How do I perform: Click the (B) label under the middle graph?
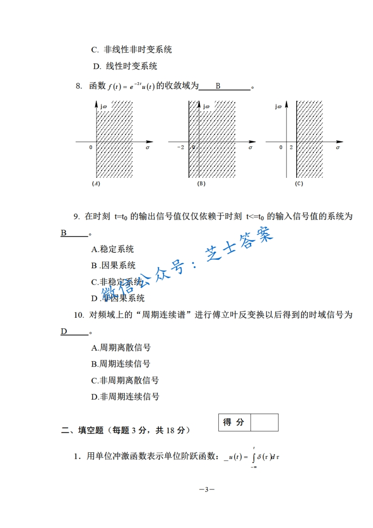201,184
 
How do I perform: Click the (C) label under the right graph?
299,184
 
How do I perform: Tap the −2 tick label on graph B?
181,148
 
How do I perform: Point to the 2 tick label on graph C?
291,148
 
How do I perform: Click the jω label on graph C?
278,107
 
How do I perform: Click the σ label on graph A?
148,148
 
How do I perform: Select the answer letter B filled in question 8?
218,86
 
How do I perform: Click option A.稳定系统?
112,249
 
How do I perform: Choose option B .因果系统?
113,265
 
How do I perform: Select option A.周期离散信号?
121,348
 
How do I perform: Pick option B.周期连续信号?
121,364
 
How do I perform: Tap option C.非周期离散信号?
125,380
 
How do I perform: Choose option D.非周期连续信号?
125,397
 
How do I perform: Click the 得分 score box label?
234,423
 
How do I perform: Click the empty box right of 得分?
264,423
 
